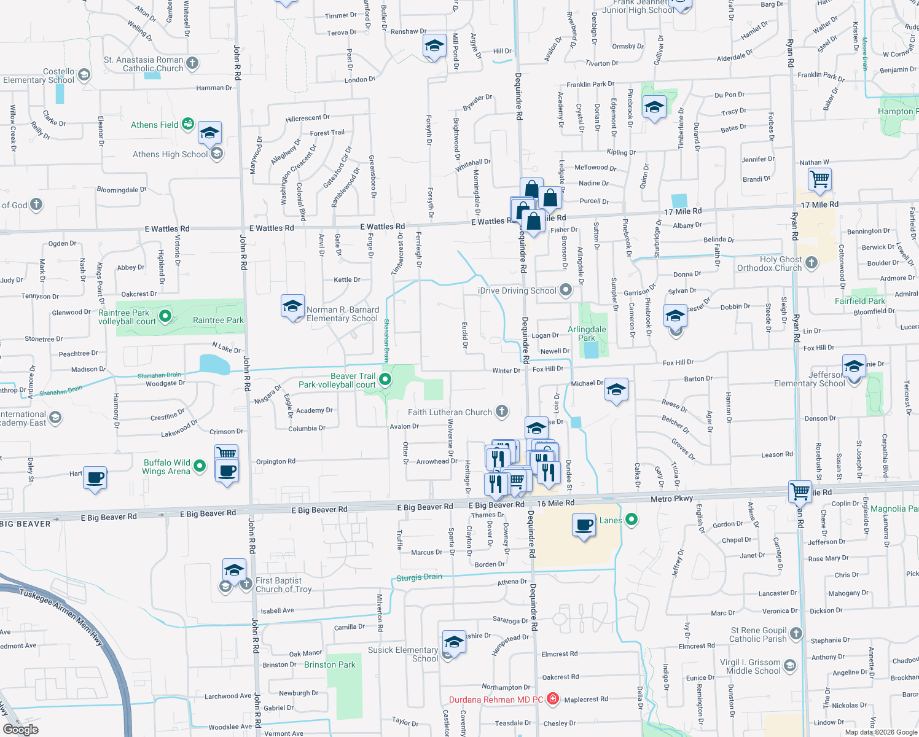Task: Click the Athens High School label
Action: click(170, 154)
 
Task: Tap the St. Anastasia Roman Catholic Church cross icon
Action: click(192, 63)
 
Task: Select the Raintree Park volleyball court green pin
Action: click(165, 316)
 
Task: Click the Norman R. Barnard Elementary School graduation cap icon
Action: click(292, 306)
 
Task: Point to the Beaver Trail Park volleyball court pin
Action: click(385, 380)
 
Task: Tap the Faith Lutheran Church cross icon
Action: click(502, 411)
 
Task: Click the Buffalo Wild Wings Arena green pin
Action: click(200, 466)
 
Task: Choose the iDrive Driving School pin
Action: click(566, 290)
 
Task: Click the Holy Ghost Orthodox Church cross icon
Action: click(811, 263)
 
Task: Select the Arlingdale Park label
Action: click(587, 333)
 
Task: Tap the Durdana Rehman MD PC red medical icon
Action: click(552, 699)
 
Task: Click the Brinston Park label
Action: click(330, 665)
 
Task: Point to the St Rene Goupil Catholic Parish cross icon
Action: click(796, 633)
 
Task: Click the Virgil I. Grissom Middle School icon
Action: click(790, 665)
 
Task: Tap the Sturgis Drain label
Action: click(419, 577)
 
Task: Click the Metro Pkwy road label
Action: click(671, 499)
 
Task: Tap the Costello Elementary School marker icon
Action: click(84, 75)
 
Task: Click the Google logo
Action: click(20, 729)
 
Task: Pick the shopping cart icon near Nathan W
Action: click(819, 179)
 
